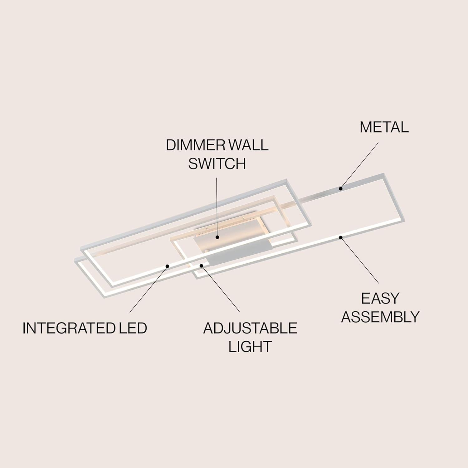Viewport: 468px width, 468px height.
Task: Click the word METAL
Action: (384, 127)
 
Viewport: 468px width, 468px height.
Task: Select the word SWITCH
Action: (217, 163)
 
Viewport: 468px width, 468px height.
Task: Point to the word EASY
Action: (380, 299)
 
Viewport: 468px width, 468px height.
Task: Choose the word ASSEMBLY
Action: (380, 317)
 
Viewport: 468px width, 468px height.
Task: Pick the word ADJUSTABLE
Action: (250, 328)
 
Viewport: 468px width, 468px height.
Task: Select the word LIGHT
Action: (250, 347)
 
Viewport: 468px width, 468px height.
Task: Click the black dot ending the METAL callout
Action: (341, 188)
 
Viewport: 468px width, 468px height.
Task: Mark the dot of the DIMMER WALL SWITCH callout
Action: (217, 237)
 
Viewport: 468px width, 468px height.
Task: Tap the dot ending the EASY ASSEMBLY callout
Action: (341, 237)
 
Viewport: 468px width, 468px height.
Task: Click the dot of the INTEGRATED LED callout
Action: (168, 266)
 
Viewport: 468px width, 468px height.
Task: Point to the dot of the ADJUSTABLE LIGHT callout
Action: (202, 266)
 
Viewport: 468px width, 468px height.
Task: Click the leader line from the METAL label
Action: (359, 166)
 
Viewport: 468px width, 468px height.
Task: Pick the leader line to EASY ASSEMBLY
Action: (360, 260)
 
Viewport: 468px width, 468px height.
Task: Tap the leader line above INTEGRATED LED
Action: (149, 289)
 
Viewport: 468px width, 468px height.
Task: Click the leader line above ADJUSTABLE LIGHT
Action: (220, 289)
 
